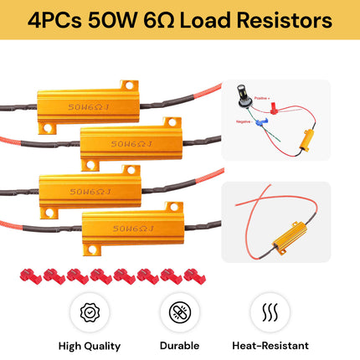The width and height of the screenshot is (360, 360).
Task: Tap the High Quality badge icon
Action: (x=90, y=312)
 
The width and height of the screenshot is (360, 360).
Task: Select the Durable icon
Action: (x=179, y=312)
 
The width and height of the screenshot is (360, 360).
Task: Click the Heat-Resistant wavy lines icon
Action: (x=270, y=312)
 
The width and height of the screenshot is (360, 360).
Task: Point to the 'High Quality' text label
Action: (x=90, y=345)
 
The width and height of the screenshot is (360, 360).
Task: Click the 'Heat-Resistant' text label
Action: (x=270, y=345)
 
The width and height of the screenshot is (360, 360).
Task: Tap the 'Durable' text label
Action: (x=179, y=345)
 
